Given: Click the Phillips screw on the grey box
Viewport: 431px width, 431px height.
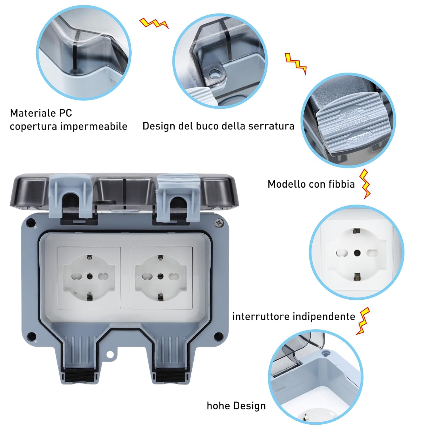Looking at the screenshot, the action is tap(219, 222).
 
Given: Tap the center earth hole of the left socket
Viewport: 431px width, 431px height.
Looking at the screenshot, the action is tap(89, 276).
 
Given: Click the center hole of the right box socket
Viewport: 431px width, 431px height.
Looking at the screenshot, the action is tap(160, 277).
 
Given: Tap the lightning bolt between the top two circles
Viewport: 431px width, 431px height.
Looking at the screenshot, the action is tap(154, 23).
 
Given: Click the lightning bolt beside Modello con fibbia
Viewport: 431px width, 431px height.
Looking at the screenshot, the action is tap(365, 184).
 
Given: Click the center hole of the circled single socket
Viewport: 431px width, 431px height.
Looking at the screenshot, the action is tap(357, 253).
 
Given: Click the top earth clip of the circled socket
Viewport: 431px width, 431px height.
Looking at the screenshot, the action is tap(357, 231).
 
